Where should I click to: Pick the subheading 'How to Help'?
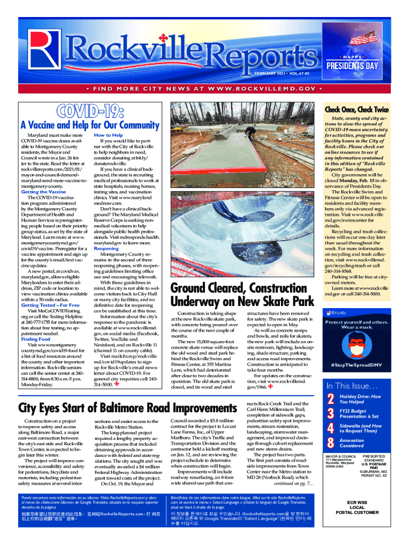coord(108,135)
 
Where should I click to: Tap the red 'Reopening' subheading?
coord(106,248)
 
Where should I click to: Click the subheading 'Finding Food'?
coord(36,339)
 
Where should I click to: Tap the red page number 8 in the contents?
coord(330,443)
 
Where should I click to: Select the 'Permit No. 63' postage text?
coord(374,475)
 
